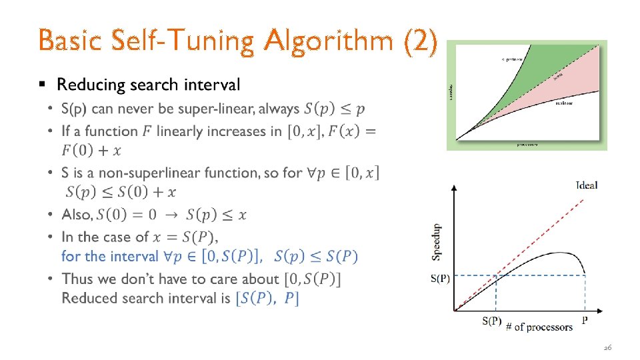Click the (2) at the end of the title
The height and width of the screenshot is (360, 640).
tap(421, 41)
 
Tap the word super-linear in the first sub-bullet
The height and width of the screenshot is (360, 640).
tap(216, 108)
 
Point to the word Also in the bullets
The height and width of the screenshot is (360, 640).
tap(76, 215)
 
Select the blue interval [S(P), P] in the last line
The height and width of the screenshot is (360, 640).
tap(267, 298)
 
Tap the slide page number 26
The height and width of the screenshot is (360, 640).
tap(607, 348)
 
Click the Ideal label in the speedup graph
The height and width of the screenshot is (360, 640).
tap(586, 185)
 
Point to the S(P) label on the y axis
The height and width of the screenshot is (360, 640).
tap(440, 279)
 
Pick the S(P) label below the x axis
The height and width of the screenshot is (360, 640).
tap(491, 321)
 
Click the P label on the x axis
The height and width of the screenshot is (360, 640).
tap(585, 321)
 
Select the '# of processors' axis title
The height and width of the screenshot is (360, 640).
tap(539, 327)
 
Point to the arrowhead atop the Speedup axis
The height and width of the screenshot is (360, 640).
tap(454, 187)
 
